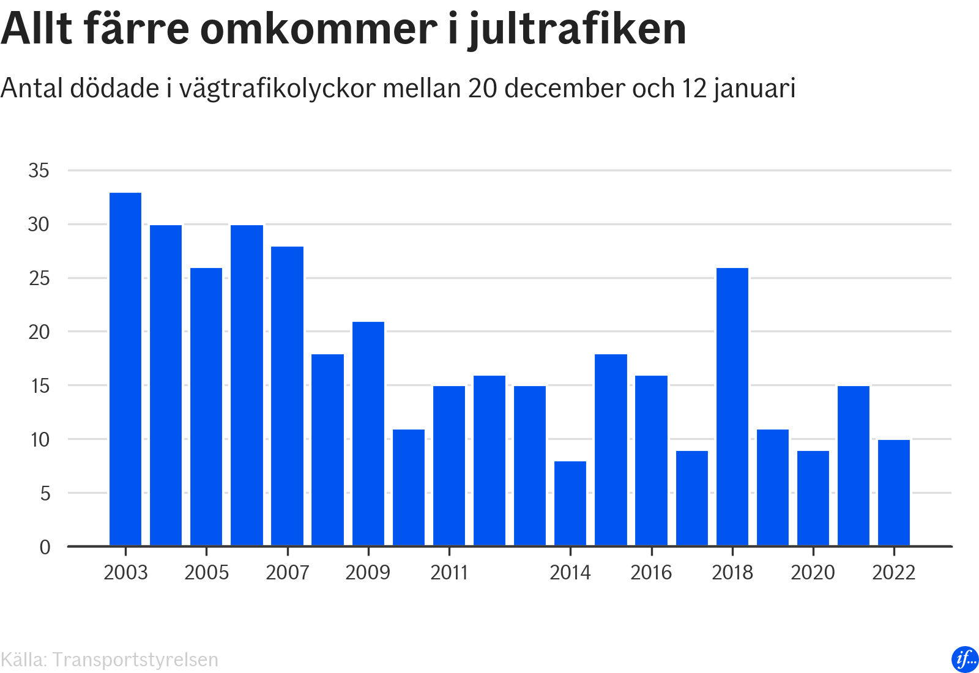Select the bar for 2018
(732, 407)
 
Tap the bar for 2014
(570, 503)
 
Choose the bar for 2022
(894, 493)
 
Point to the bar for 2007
(288, 396)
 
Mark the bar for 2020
(813, 498)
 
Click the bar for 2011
(449, 466)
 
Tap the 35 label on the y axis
(39, 171)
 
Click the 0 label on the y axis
(45, 547)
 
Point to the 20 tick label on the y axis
(39, 332)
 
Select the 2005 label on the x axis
(207, 573)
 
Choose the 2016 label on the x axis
(651, 573)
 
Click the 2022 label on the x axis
(894, 573)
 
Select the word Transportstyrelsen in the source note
(135, 660)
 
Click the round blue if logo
(965, 659)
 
